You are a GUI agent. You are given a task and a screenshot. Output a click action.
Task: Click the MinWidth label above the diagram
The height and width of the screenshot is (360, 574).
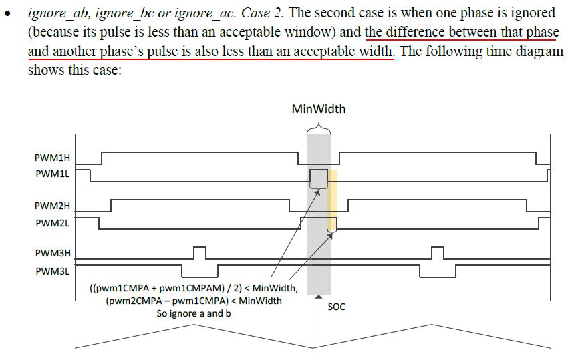point(318,109)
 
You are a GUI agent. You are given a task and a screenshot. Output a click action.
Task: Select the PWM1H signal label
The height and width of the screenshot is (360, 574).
point(53,158)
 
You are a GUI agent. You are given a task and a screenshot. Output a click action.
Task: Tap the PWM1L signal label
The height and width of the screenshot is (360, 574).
point(53,174)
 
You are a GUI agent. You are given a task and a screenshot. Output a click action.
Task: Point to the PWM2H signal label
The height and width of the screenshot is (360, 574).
point(53,206)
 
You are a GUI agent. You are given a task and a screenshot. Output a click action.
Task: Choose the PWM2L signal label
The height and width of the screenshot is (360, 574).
point(53,222)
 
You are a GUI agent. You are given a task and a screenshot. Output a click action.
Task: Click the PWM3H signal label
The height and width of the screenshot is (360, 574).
point(53,254)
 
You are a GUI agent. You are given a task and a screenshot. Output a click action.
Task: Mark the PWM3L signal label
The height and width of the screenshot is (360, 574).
point(53,271)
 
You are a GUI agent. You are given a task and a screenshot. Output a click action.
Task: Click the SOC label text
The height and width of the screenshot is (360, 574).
point(337,307)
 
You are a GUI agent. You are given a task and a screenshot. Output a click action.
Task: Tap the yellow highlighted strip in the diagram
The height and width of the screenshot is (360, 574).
point(332,200)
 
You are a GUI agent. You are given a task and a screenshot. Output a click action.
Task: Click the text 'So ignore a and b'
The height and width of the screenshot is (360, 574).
point(194,313)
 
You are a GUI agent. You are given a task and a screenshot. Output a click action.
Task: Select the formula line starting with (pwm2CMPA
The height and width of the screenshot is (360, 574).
point(193,301)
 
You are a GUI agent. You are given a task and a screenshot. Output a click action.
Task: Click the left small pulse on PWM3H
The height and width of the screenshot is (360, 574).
point(199,253)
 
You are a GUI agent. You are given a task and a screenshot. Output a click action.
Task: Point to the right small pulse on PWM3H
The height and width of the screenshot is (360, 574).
point(437,253)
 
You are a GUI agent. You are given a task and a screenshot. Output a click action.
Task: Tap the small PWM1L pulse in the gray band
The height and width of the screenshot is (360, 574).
point(319,178)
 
